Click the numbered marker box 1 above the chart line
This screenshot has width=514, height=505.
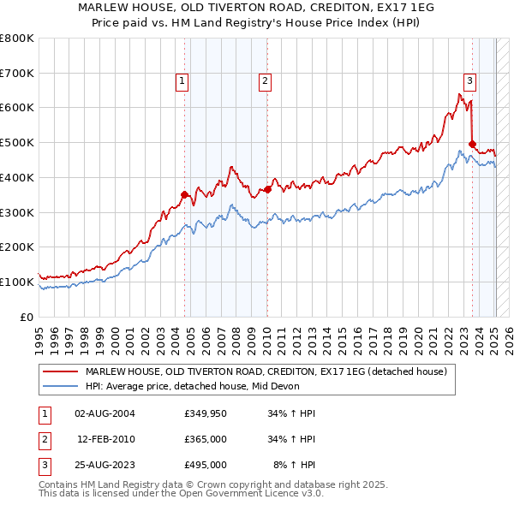click(x=182, y=81)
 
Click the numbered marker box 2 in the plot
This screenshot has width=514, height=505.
click(x=266, y=81)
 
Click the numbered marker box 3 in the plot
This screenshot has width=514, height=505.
click(x=470, y=81)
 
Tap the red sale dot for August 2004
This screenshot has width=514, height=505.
click(x=184, y=194)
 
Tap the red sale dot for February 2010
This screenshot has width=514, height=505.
click(x=267, y=189)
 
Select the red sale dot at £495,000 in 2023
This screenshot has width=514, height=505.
click(x=472, y=144)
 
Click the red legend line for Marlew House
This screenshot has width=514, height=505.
click(x=60, y=372)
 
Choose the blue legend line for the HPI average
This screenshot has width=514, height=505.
click(x=60, y=387)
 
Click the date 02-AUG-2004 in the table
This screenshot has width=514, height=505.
click(x=105, y=413)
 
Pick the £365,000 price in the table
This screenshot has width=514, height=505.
click(x=206, y=439)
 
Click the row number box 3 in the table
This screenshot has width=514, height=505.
click(x=44, y=465)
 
